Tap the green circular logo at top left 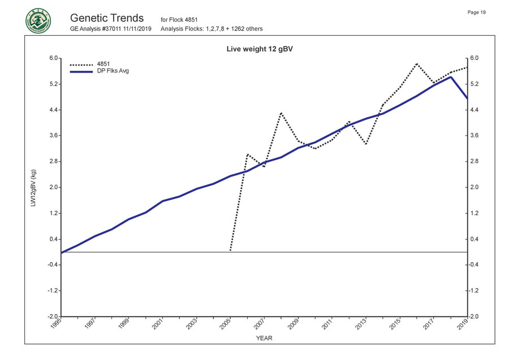(x=38, y=21)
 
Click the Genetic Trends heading (x=107, y=18)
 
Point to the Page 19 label (x=476, y=12)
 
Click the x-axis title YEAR (x=264, y=338)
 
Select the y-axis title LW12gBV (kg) (x=33, y=187)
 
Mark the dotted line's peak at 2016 (x=417, y=63)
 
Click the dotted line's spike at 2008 (x=281, y=113)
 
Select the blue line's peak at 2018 (x=451, y=77)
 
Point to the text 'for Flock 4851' (x=179, y=20)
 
